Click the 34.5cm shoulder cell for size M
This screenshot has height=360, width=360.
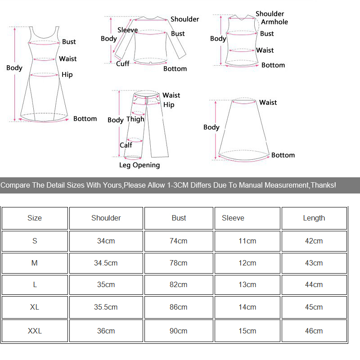pyautogui.click(x=106, y=263)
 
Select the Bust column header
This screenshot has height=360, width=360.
pyautogui.click(x=179, y=218)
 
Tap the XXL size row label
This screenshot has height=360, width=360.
pyautogui.click(x=35, y=331)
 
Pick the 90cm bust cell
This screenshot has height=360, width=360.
pyautogui.click(x=179, y=331)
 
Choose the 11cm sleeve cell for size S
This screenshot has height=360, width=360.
pyautogui.click(x=247, y=241)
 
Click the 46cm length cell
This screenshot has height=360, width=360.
pyautogui.click(x=314, y=331)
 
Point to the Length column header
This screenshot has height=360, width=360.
pyautogui.click(x=314, y=218)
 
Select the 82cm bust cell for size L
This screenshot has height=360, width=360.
pyautogui.click(x=179, y=284)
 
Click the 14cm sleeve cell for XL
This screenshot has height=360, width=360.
pyautogui.click(x=247, y=307)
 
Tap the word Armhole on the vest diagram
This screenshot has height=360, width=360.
pyautogui.click(x=274, y=22)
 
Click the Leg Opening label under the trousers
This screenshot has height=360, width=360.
pyautogui.click(x=139, y=165)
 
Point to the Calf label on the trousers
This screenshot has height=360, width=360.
pyautogui.click(x=126, y=145)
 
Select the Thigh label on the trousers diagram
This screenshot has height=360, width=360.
pyautogui.click(x=135, y=119)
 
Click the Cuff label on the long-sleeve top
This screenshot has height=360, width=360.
pyautogui.click(x=123, y=63)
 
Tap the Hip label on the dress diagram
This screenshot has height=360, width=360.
pyautogui.click(x=67, y=75)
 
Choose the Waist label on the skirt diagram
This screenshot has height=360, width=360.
pyautogui.click(x=268, y=103)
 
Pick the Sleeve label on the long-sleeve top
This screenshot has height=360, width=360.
pyautogui.click(x=127, y=30)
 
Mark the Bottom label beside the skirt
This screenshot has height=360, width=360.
pyautogui.click(x=283, y=155)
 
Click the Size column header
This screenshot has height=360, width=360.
pyautogui.click(x=35, y=218)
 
